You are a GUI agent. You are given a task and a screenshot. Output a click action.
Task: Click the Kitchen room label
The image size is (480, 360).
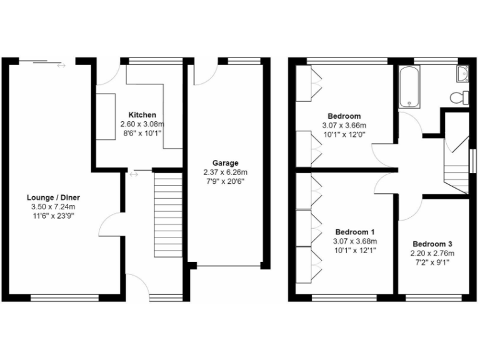point(142,115)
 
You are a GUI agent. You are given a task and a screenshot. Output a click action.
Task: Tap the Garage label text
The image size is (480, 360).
point(225,163)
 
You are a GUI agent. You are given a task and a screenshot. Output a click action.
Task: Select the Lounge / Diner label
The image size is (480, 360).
point(53,197)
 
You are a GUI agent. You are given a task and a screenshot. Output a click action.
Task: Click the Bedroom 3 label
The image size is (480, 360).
point(432,244)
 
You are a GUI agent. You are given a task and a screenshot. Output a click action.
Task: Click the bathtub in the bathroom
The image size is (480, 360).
point(409,86)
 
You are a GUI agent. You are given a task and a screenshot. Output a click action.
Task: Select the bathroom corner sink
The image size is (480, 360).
point(463,74)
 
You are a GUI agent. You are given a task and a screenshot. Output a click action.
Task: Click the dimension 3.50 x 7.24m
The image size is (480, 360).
point(53,207)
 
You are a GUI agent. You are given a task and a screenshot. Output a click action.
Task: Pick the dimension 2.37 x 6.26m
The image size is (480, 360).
point(225,172)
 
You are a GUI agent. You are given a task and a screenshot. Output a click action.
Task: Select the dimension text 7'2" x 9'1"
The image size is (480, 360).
point(432,262)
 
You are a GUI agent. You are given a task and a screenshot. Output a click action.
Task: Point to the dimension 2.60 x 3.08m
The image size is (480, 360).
point(142,124)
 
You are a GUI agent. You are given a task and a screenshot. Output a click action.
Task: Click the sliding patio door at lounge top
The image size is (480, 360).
point(47,61)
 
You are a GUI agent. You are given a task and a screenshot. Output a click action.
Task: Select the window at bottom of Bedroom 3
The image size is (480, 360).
point(436,296)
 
